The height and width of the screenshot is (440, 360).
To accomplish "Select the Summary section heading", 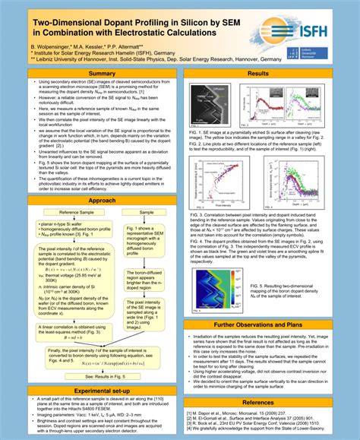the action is click(101, 74).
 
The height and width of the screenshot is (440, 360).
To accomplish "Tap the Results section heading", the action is click(258, 74).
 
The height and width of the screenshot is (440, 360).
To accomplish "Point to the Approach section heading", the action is click(101, 201).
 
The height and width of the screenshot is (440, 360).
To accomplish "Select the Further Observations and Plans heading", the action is click(258, 324).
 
